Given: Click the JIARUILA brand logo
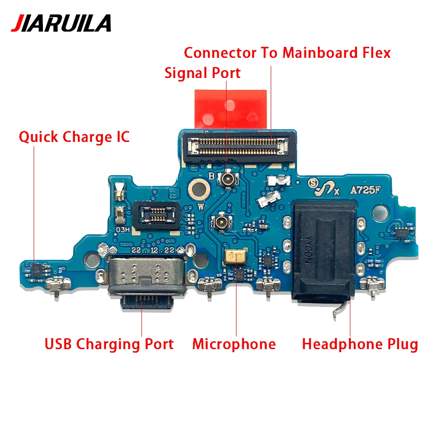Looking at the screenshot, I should (61, 23).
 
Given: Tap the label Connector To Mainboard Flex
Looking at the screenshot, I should (287, 53).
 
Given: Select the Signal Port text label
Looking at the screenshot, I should (202, 73).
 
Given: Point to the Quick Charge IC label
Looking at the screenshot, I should (74, 137).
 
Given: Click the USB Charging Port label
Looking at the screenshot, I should (109, 344).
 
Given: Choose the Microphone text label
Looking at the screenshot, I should (234, 344).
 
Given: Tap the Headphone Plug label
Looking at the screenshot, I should (360, 344).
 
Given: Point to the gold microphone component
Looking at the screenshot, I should (235, 257).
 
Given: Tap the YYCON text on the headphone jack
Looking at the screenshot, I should (308, 252).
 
